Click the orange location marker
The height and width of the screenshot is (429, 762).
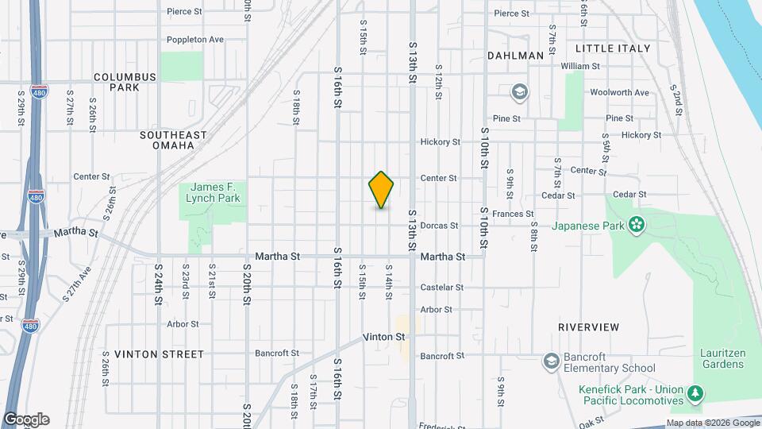pyautogui.click(x=381, y=190)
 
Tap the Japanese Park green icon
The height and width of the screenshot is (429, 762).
pyautogui.click(x=635, y=225)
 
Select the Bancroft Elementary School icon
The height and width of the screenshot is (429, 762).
pyautogui.click(x=551, y=361)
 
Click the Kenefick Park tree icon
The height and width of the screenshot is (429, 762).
pyautogui.click(x=695, y=393)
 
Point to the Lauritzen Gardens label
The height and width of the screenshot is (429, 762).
pyautogui.click(x=722, y=358)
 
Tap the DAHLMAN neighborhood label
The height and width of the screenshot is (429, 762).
pyautogui.click(x=516, y=56)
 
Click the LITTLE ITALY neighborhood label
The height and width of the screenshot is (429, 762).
pyautogui.click(x=613, y=48)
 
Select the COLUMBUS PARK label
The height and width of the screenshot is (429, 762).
pyautogui.click(x=125, y=82)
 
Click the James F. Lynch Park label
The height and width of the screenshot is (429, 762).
pyautogui.click(x=213, y=191)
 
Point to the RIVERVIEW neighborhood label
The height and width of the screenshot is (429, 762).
pyautogui.click(x=588, y=327)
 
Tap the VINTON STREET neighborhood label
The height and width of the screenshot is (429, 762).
pyautogui.click(x=159, y=354)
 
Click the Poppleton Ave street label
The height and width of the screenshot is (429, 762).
pyautogui.click(x=195, y=39)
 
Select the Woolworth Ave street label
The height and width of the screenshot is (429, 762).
pyautogui.click(x=620, y=93)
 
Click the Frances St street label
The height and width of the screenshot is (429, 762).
pyautogui.click(x=513, y=214)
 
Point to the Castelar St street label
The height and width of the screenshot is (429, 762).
pyautogui.click(x=442, y=287)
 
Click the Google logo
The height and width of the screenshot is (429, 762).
pyautogui.click(x=26, y=419)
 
